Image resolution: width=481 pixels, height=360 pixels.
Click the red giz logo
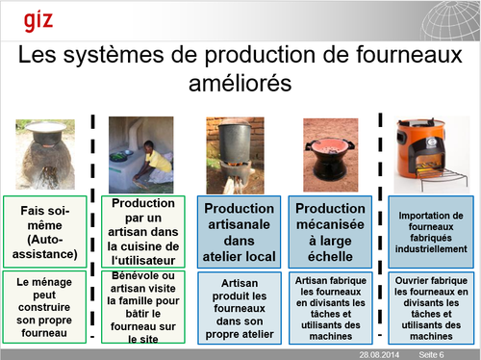pyautogui.click(x=38, y=21)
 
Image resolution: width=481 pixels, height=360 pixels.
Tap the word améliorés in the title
pyautogui.click(x=240, y=83)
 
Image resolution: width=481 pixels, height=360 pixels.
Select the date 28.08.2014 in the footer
pyautogui.click(x=379, y=355)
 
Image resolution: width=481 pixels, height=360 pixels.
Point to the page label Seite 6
pyautogui.click(x=431, y=355)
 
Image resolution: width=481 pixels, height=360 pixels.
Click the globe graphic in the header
pyautogui.click(x=450, y=20)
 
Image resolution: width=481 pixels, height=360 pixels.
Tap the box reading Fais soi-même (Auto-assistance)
pyautogui.click(x=45, y=232)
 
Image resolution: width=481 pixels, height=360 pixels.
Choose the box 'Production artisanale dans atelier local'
pyautogui.click(x=239, y=232)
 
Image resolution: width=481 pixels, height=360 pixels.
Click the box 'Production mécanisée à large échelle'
pyautogui.click(x=330, y=232)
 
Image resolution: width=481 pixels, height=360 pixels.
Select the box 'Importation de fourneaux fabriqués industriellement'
pyautogui.click(x=431, y=232)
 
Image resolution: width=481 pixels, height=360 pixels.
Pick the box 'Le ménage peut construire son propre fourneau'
pyautogui.click(x=44, y=307)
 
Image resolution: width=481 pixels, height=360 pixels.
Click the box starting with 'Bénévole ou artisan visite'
pyautogui.click(x=143, y=307)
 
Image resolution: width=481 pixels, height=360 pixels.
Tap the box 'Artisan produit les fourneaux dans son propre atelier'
pyautogui.click(x=240, y=308)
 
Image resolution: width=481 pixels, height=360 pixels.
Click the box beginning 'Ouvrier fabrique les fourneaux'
pyautogui.click(x=431, y=308)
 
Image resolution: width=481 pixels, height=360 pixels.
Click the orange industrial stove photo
pyautogui.click(x=431, y=155)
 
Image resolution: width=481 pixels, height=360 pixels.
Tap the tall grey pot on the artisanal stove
pyautogui.click(x=236, y=143)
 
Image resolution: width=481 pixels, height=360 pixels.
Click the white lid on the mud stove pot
pyautogui.click(x=46, y=126)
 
